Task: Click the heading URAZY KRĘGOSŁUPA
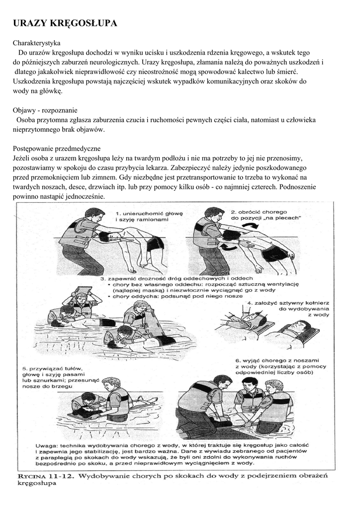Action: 65,23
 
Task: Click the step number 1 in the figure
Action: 117,212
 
